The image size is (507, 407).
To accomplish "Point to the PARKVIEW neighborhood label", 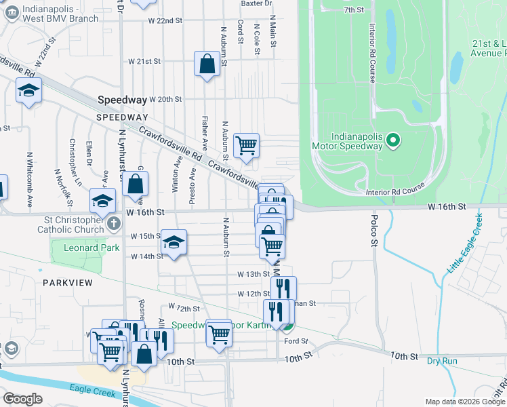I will pos(66,282).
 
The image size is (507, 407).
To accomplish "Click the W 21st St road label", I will pos(144,61).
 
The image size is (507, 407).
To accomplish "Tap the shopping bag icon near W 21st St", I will pos(206,64).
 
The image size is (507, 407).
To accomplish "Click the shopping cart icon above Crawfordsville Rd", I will pos(246,144).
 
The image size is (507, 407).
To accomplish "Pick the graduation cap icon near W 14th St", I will pos(174,242).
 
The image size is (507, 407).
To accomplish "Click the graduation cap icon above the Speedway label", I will pos(28,91).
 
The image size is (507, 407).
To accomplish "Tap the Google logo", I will pos(23,399).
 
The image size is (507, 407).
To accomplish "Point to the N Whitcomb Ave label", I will pos(30,172).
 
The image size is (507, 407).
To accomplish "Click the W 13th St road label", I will pos(248,274).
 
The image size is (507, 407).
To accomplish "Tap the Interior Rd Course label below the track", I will pos(395,189).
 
